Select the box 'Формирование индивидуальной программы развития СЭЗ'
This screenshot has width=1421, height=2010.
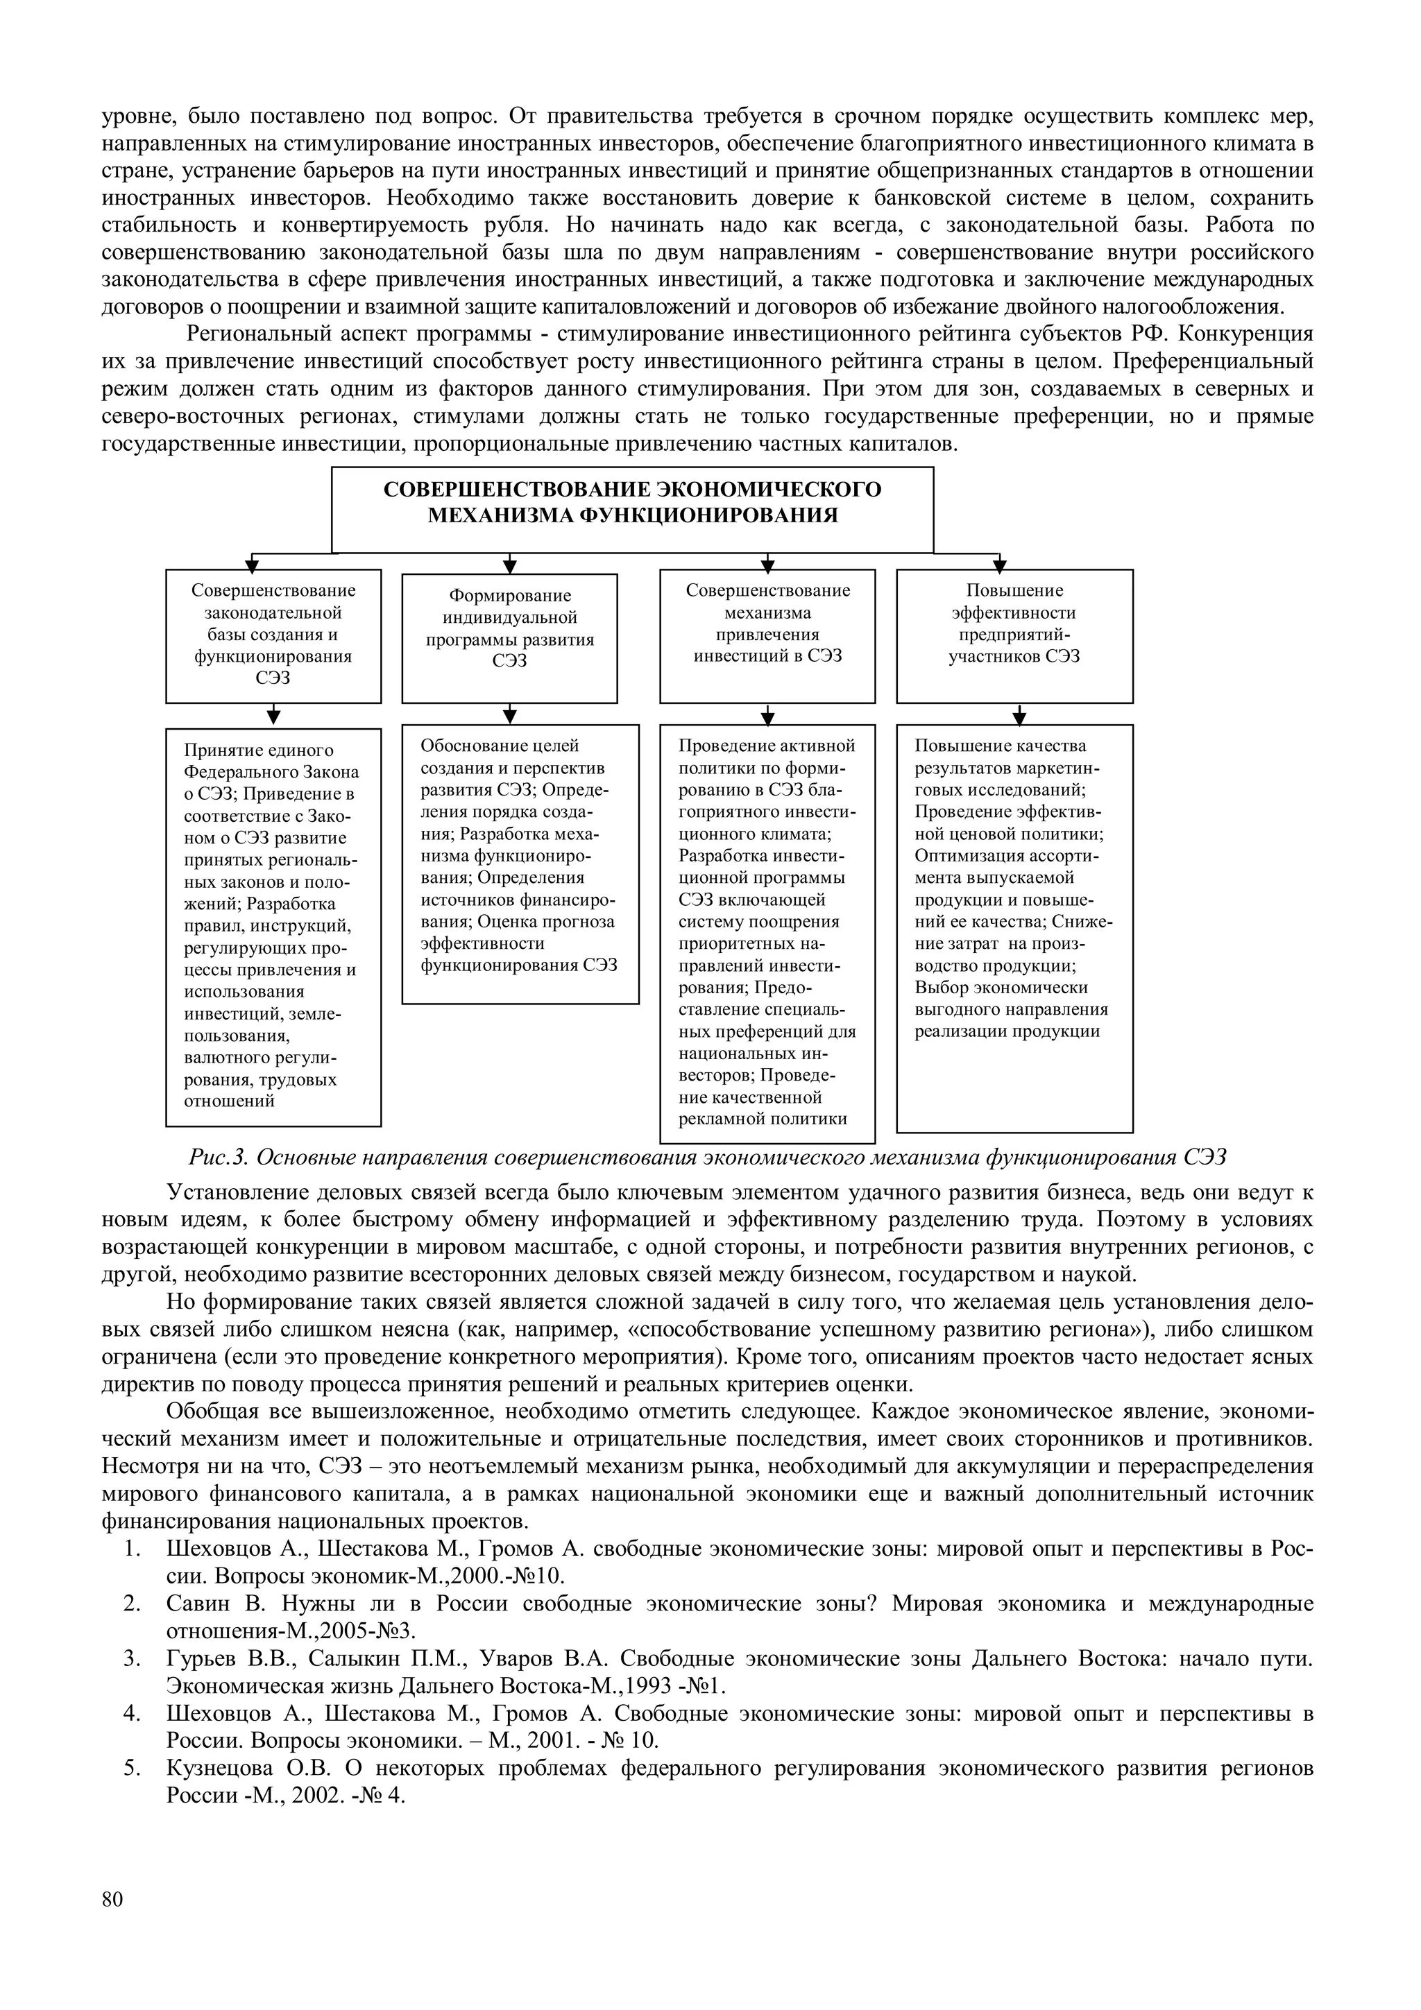[x=509, y=638]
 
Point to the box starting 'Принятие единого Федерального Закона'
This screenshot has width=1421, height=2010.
[x=273, y=926]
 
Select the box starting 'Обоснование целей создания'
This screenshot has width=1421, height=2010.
[x=520, y=864]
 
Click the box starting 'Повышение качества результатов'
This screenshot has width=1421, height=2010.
[x=1014, y=928]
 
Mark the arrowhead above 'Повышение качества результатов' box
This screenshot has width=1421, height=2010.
[x=1019, y=718]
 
